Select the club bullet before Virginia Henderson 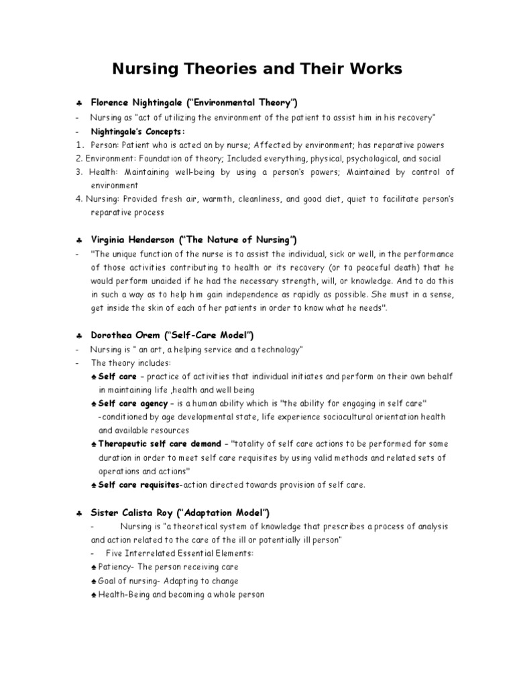point(79,240)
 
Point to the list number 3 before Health point(79,172)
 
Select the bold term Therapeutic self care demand point(159,443)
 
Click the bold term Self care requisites point(138,484)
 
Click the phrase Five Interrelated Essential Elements point(178,553)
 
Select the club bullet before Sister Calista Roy point(79,513)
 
